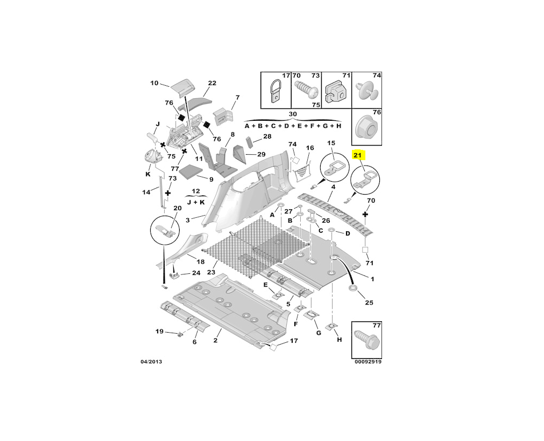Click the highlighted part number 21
click(x=358, y=155)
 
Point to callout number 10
click(x=154, y=83)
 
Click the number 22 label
click(x=212, y=83)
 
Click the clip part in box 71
click(x=335, y=92)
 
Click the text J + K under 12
click(x=195, y=202)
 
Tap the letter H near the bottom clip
click(x=339, y=340)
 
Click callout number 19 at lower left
click(x=159, y=331)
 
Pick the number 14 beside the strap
click(x=146, y=192)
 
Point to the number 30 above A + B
click(x=293, y=114)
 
